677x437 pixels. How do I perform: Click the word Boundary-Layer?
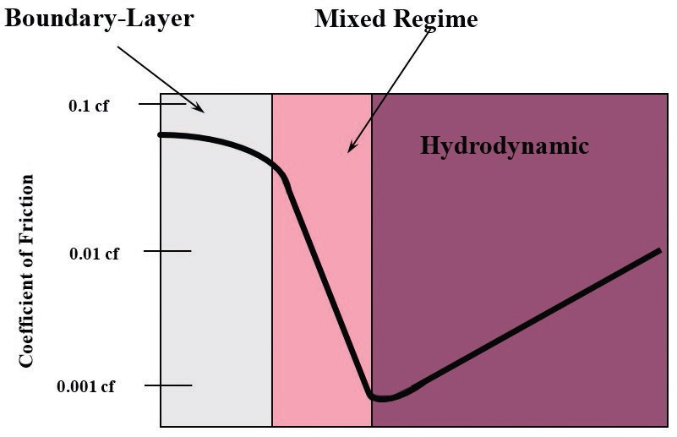pos(99,19)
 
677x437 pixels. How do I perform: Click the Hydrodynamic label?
pos(505,146)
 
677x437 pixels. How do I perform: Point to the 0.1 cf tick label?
pos(89,106)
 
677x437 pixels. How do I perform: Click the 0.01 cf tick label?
pos(94,254)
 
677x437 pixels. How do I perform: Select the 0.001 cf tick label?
pos(86,386)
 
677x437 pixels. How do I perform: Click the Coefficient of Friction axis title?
pos(26,271)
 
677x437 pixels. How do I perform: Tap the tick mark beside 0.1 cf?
pos(162,104)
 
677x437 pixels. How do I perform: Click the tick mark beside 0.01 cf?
pos(167,251)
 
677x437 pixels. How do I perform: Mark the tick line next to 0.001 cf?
pos(168,385)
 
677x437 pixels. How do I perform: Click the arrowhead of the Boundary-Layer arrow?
pos(199,108)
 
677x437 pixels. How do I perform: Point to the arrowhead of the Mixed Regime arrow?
pos(352,147)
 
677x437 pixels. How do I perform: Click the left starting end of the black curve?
pos(161,135)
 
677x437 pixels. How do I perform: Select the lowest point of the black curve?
pos(381,398)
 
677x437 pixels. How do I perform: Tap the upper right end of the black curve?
pos(659,251)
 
